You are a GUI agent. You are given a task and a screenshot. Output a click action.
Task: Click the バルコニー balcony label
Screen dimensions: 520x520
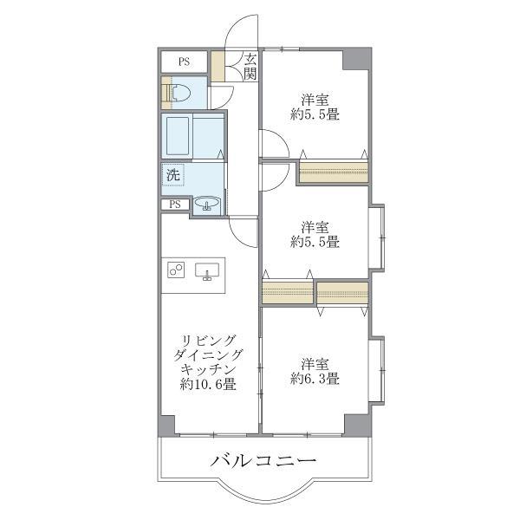[263, 460]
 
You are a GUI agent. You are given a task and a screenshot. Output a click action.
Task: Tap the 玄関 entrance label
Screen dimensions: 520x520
[250, 66]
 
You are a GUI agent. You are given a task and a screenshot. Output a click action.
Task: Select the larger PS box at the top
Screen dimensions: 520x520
[184, 62]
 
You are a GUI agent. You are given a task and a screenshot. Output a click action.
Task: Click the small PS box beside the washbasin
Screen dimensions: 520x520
[175, 205]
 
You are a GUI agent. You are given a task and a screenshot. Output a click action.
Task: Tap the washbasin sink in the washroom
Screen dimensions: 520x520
[206, 205]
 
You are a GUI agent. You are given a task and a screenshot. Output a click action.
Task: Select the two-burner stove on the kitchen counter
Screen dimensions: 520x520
[177, 270]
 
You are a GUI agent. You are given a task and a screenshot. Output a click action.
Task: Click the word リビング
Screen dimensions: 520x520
[208, 340]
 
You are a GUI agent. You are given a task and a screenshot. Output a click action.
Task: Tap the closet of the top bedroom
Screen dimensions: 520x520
[334, 172]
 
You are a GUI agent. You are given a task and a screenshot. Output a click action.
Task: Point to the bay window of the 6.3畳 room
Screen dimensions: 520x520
[376, 370]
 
